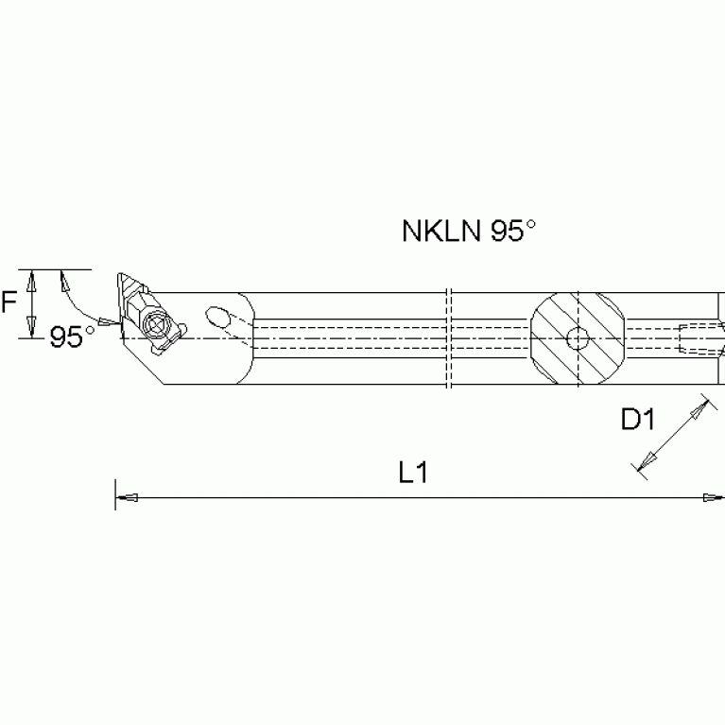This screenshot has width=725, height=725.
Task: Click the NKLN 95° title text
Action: [x=469, y=231]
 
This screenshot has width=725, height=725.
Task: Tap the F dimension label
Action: [x=9, y=302]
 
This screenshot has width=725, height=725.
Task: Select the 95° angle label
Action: [x=72, y=337]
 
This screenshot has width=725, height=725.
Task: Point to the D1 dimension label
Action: [x=638, y=420]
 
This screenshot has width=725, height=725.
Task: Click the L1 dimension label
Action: [x=413, y=473]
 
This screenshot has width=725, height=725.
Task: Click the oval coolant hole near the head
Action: [x=217, y=318]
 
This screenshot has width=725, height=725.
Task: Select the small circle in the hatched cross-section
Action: [x=578, y=338]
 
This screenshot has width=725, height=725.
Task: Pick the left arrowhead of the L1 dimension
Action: [x=127, y=497]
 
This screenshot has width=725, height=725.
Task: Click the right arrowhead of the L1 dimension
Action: [x=714, y=497]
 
